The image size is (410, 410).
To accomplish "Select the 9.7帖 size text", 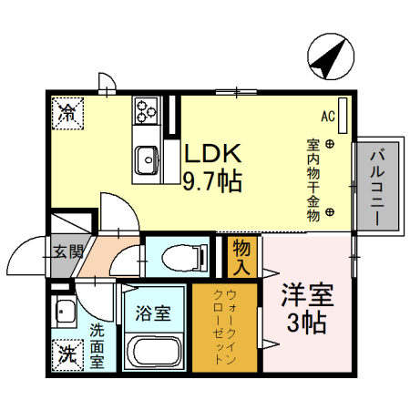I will click(212, 180).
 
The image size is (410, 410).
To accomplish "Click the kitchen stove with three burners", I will click(147, 113).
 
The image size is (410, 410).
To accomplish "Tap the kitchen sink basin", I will click(148, 161).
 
